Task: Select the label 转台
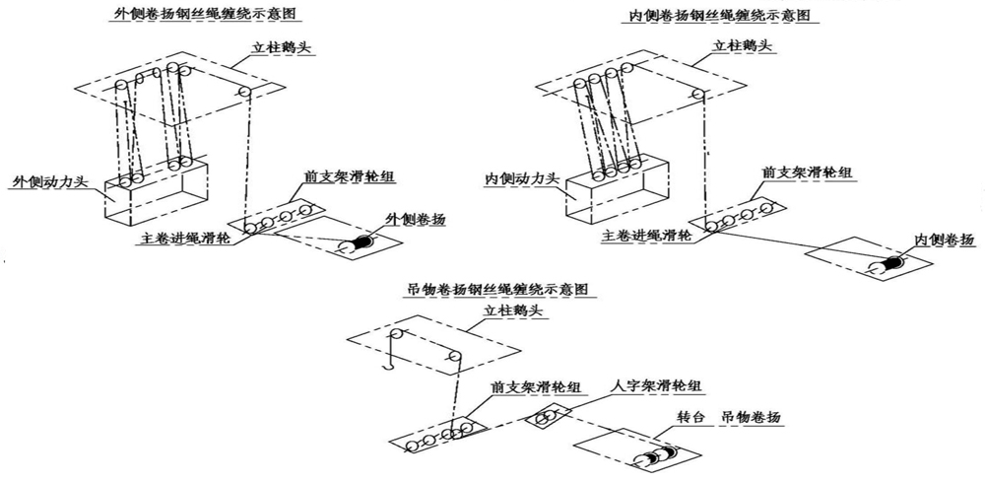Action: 693,418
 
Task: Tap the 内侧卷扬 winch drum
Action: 892,263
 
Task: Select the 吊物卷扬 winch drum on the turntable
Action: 659,455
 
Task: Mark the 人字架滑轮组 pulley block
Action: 545,418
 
